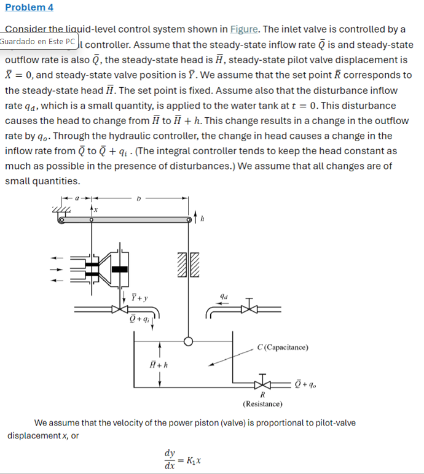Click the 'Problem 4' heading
click(29, 7)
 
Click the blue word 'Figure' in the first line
click(244, 29)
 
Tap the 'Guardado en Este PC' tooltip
click(39, 42)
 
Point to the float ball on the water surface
click(189, 341)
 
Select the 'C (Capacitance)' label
click(283, 348)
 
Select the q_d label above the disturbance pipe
click(224, 295)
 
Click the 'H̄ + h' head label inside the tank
click(159, 365)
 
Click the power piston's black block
click(120, 268)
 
